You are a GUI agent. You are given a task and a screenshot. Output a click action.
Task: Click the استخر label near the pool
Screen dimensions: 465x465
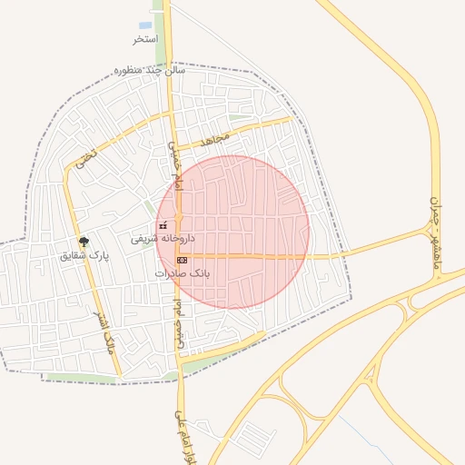145,40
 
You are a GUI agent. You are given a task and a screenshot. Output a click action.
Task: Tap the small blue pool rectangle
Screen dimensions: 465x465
145,25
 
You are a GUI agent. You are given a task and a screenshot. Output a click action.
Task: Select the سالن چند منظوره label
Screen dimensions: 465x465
150,69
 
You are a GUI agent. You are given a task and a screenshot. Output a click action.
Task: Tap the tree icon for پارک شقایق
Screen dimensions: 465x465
84,242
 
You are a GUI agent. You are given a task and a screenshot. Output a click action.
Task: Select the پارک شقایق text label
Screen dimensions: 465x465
84,256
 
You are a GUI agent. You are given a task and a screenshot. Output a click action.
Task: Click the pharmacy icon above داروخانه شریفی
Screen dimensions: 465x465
163,225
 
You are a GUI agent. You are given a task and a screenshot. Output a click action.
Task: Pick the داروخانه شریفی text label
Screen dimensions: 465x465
164,240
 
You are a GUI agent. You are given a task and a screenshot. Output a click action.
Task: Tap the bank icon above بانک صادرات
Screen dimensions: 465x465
182,260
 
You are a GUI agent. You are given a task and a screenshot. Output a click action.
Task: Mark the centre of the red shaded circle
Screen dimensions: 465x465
232,232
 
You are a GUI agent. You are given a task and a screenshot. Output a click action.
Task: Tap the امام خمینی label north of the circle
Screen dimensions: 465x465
175,163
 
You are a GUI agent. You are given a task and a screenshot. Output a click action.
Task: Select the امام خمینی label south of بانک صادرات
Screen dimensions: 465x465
180,313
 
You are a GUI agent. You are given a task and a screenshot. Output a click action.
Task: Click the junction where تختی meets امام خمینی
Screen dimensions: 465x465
172,114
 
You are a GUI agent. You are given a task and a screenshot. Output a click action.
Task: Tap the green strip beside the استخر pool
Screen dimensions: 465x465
160,27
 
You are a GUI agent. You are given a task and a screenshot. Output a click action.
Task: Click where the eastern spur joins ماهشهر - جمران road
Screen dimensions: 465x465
427,230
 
